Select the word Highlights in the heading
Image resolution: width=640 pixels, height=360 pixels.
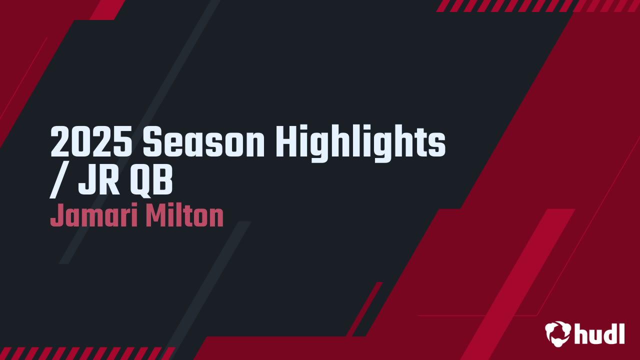tap(360, 142)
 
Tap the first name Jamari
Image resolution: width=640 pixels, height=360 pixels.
tap(93, 216)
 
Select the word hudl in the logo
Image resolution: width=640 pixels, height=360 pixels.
tap(599, 333)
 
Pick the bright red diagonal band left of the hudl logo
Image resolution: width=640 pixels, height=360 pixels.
tap(520, 280)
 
